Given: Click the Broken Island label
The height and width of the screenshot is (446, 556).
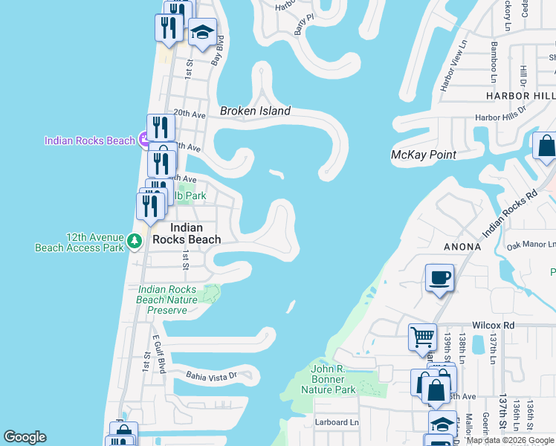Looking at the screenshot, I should pos(255,111).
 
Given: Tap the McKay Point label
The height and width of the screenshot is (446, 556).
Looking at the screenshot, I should pos(423,155).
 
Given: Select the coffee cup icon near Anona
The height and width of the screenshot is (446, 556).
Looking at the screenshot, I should pos(439,279).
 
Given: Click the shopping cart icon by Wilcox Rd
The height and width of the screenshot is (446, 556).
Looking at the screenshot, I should pos(422,337).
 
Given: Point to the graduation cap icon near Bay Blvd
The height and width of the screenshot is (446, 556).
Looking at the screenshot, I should pos(201,33).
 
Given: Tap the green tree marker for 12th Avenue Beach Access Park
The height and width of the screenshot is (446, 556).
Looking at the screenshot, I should pos(134,241).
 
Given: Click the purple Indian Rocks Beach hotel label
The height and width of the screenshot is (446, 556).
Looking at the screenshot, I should pos(89,140).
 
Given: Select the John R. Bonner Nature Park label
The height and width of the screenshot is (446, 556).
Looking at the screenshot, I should pos(328,378).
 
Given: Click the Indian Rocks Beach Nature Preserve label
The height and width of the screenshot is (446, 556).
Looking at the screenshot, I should pos(167,300).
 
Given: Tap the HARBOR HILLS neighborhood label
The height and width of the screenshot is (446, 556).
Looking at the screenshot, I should pos(520,96).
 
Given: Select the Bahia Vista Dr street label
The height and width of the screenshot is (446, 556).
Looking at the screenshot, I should pos(210,375).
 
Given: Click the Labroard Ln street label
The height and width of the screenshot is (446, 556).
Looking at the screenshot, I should pos(337,423).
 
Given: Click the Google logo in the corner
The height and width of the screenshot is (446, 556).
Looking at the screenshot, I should pos(25,437).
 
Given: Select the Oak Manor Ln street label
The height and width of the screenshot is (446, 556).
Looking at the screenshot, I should pos(531,245).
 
